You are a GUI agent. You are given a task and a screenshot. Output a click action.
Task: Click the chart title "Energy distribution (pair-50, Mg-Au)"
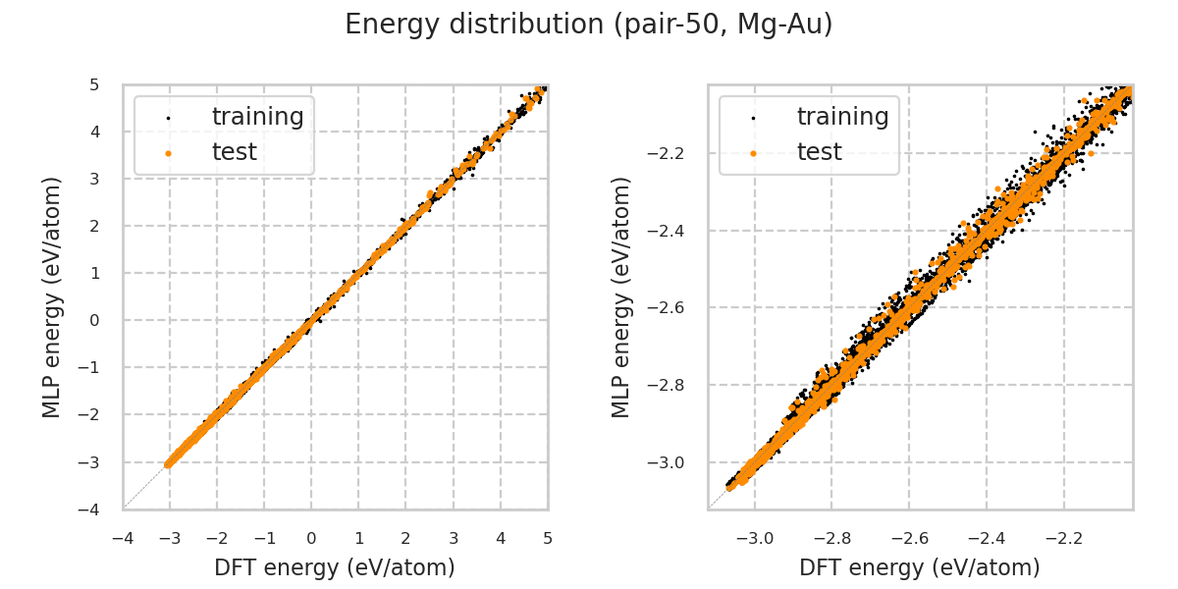pyautogui.click(x=589, y=25)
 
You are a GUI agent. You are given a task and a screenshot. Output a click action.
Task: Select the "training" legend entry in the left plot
pyautogui.click(x=257, y=117)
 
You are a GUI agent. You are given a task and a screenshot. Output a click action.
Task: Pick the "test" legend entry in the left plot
pyautogui.click(x=234, y=152)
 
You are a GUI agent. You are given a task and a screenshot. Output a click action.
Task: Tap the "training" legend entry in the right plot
pyautogui.click(x=842, y=117)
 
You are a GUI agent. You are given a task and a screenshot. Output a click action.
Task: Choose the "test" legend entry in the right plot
pyautogui.click(x=819, y=152)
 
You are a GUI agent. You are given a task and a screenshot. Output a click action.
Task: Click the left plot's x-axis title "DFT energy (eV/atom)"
pyautogui.click(x=335, y=567)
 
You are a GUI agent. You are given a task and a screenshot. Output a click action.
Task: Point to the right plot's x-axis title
pyautogui.click(x=920, y=567)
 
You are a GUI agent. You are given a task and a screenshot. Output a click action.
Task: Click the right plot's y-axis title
pyautogui.click(x=621, y=296)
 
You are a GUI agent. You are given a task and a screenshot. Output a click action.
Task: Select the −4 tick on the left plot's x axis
pyautogui.click(x=122, y=538)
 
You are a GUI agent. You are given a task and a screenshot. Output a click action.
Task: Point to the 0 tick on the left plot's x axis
pyautogui.click(x=311, y=538)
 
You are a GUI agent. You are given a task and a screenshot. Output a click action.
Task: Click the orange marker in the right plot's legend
pyautogui.click(x=753, y=153)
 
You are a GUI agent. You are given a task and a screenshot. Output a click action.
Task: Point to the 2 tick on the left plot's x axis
pyautogui.click(x=405, y=538)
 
